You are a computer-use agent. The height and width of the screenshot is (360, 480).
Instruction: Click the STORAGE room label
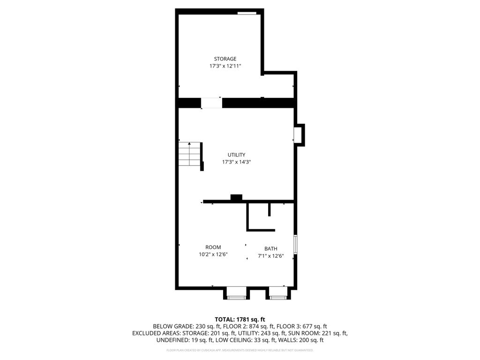tap(225, 59)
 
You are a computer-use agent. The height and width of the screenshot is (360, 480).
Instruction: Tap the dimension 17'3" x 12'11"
tap(225, 67)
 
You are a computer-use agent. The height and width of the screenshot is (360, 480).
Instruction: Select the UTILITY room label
tap(236, 155)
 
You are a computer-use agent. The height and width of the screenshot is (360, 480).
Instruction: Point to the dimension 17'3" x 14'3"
tap(236, 162)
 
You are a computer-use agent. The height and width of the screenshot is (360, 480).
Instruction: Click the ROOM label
tap(213, 247)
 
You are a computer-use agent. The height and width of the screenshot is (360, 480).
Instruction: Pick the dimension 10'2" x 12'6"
tap(213, 255)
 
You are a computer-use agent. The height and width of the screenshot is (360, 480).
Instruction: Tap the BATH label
tap(270, 249)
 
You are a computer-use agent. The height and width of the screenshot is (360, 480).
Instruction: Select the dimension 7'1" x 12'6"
tap(270, 256)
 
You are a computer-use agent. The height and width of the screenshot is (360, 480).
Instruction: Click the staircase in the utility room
tap(189, 155)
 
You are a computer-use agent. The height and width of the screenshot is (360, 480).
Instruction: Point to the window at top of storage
tap(247, 13)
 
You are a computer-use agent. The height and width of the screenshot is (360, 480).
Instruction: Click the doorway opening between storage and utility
tap(211, 103)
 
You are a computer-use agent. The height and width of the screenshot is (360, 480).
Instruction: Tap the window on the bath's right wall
tap(295, 244)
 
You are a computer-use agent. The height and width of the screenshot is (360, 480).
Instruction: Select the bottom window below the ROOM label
tap(236, 297)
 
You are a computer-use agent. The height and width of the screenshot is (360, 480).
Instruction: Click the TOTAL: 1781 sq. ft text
tap(240, 319)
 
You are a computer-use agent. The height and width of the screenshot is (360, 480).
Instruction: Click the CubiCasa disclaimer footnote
tap(240, 350)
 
